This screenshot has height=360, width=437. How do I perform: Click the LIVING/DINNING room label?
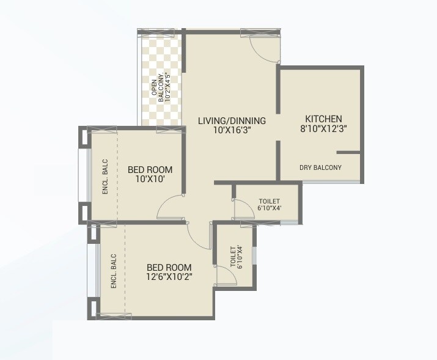tap(232, 120)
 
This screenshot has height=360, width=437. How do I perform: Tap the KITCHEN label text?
tap(323, 119)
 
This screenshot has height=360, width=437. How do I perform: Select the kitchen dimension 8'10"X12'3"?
tap(323, 129)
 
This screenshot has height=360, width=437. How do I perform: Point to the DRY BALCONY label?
tap(320, 167)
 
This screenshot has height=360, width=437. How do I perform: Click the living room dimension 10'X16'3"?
tap(232, 130)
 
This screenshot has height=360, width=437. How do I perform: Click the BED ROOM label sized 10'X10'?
tap(150, 169)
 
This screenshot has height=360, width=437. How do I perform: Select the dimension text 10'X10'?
tap(150, 179)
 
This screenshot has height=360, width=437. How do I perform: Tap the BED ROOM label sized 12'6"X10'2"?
tap(169, 267)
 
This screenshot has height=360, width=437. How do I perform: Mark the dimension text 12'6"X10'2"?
tap(169, 277)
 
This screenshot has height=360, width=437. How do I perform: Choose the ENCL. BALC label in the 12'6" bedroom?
tap(114, 271)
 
